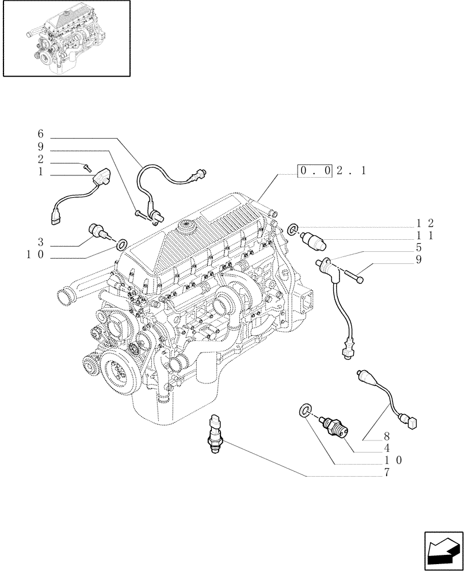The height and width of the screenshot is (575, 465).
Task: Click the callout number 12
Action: pos(425,224)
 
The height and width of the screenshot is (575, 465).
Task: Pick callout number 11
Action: pos(425,236)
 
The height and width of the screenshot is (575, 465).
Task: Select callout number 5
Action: pos(418,248)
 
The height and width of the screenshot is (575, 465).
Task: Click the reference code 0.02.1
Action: pos(331,171)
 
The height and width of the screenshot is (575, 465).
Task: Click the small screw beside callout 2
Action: pos(87,166)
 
